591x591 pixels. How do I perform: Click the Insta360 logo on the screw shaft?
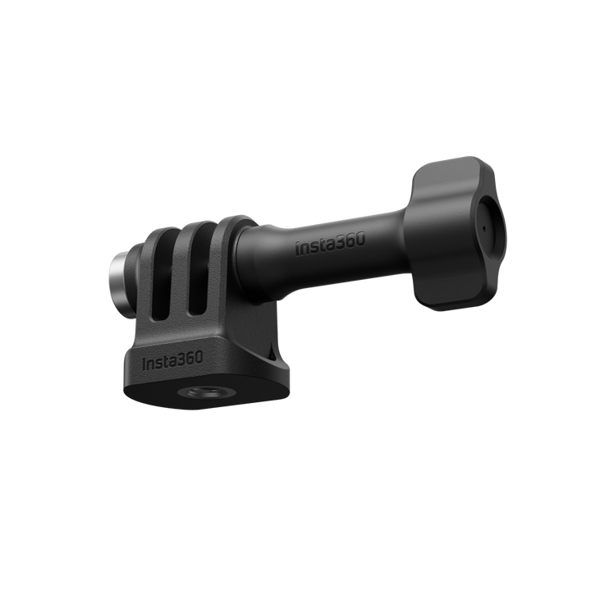point(331,245)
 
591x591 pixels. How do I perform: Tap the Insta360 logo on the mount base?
point(173,360)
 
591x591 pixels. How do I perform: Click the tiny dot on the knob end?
point(484,227)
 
